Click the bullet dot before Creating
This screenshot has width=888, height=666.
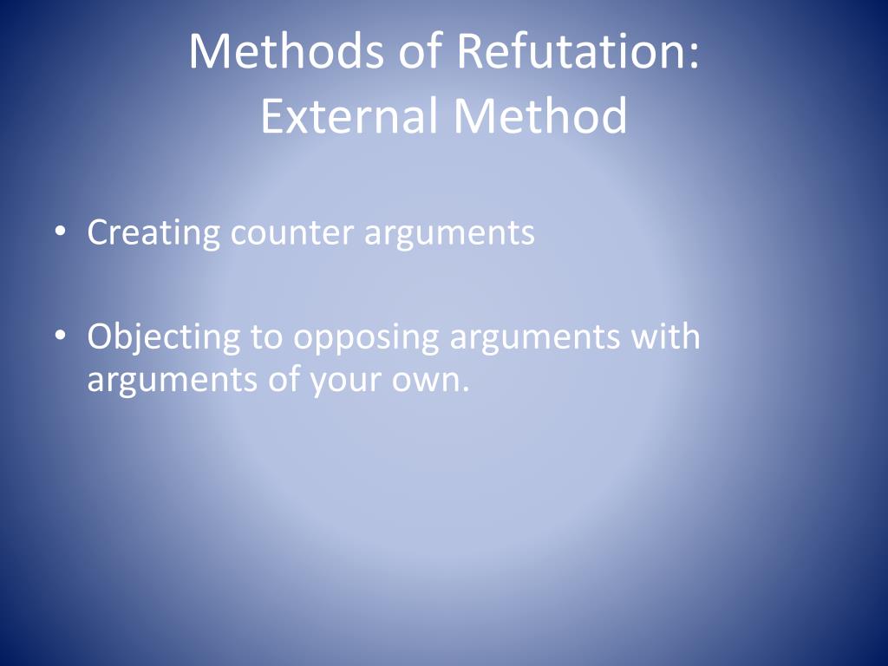[x=58, y=232]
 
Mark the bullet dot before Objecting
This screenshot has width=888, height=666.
[x=58, y=336]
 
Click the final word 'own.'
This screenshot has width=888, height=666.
[x=429, y=381]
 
